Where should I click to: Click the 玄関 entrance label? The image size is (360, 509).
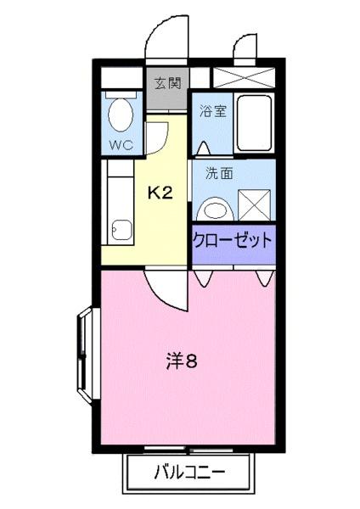click(x=167, y=83)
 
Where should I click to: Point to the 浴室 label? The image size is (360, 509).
click(x=211, y=111)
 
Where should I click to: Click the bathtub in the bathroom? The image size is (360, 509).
click(x=254, y=122)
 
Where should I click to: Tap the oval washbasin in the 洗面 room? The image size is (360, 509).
click(x=216, y=208)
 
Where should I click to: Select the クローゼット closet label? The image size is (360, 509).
click(x=233, y=240)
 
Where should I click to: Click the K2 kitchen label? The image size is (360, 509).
click(x=160, y=193)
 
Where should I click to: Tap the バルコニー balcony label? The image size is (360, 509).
click(x=189, y=472)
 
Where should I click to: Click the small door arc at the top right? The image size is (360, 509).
click(x=246, y=48)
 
